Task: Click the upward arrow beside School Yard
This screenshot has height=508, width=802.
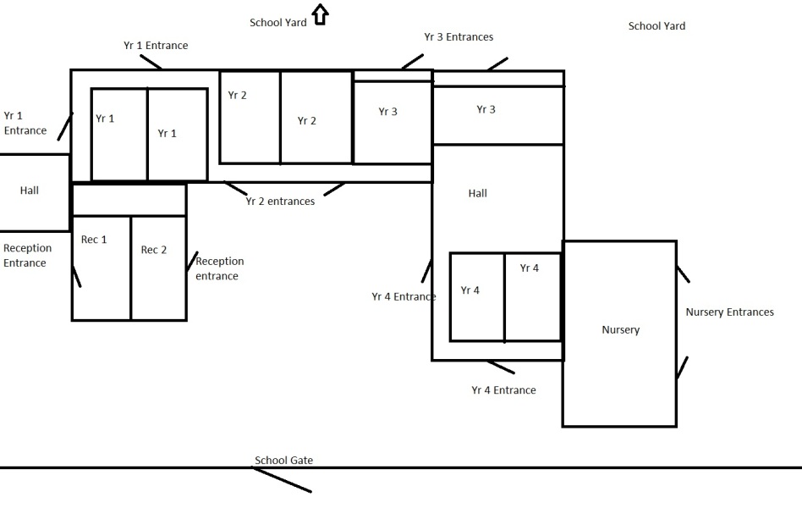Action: point(320,14)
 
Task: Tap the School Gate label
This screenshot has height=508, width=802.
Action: point(284,460)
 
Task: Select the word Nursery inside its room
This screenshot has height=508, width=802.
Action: point(620,330)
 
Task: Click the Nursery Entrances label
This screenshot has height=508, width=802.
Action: point(729,312)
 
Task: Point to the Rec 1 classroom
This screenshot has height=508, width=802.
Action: point(102,268)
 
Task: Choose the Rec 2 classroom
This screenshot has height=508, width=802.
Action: point(158,268)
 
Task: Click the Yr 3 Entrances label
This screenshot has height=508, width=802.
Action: point(459,37)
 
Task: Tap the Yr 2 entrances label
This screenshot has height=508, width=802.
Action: point(280,202)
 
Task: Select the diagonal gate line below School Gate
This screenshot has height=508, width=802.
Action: point(283,480)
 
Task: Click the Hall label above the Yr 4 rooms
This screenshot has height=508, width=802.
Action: point(478,193)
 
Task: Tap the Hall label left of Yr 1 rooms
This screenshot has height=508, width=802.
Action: point(29,190)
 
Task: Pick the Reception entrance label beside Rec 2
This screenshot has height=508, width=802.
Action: point(220,268)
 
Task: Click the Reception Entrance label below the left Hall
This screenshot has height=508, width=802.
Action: point(28,255)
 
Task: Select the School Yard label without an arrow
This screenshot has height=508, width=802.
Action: point(656,26)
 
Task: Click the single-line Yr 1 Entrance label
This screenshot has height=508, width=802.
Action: point(156,46)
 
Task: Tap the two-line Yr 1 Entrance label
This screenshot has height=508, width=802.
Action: point(25,123)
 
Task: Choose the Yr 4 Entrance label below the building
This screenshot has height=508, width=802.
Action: point(504,390)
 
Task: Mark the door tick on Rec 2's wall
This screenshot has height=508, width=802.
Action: point(192,262)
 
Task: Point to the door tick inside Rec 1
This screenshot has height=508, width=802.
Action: point(77,276)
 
